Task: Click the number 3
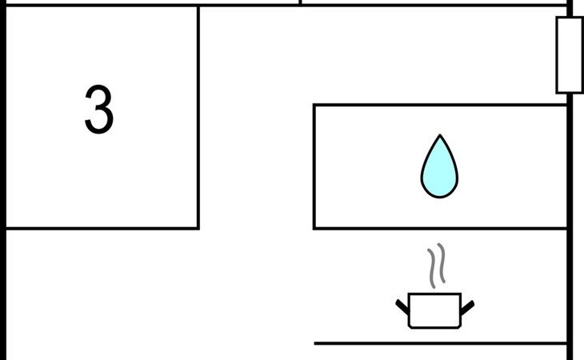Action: pyautogui.click(x=99, y=110)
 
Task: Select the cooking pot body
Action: pyautogui.click(x=434, y=310)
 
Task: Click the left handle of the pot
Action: pyautogui.click(x=402, y=306)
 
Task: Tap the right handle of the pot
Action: pyautogui.click(x=467, y=306)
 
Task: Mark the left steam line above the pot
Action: pyautogui.click(x=431, y=267)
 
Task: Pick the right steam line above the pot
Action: pyautogui.click(x=441, y=264)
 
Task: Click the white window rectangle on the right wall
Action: pyautogui.click(x=569, y=55)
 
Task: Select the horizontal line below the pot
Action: pyautogui.click(x=440, y=343)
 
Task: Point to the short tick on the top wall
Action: pyautogui.click(x=300, y=2)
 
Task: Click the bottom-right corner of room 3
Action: pyautogui.click(x=198, y=228)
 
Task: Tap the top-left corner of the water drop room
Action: pyautogui.click(x=314, y=105)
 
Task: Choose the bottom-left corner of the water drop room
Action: pyautogui.click(x=314, y=228)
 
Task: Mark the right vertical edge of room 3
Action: pyautogui.click(x=198, y=120)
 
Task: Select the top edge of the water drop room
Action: pyautogui.click(x=440, y=105)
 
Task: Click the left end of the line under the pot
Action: pyautogui.click(x=316, y=343)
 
